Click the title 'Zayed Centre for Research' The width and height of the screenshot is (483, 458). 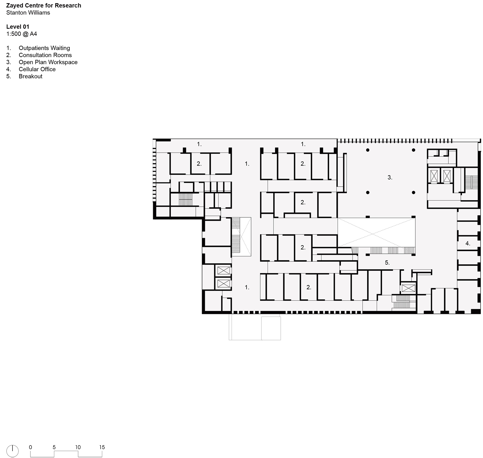pyautogui.click(x=44, y=6)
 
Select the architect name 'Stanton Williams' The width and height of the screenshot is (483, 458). pyautogui.click(x=28, y=13)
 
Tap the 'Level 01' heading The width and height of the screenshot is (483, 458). pyautogui.click(x=18, y=27)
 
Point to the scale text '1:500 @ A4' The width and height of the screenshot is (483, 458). pyautogui.click(x=22, y=34)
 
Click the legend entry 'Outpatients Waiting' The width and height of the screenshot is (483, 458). pyautogui.click(x=44, y=48)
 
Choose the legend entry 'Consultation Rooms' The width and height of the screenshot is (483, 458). pyautogui.click(x=45, y=55)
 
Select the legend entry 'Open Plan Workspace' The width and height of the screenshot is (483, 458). pyautogui.click(x=48, y=62)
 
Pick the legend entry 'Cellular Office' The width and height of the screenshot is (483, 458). pyautogui.click(x=37, y=69)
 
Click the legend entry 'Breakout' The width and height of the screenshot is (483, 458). pyautogui.click(x=30, y=77)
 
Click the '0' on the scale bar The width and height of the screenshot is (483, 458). pyautogui.click(x=30, y=447)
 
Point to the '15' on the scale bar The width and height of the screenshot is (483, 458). pyautogui.click(x=102, y=447)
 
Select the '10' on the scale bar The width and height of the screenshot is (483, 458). pyautogui.click(x=78, y=447)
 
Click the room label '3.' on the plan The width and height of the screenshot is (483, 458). pyautogui.click(x=390, y=178)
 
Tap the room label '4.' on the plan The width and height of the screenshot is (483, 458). pyautogui.click(x=468, y=244)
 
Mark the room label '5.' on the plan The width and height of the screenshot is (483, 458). pyautogui.click(x=387, y=263)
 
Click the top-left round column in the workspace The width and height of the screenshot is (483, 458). pyautogui.click(x=368, y=150)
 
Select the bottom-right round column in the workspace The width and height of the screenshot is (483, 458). pyautogui.click(x=413, y=193)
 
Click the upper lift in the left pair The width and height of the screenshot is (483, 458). pyautogui.click(x=224, y=271)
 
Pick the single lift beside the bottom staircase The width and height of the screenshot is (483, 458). pyautogui.click(x=409, y=288)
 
